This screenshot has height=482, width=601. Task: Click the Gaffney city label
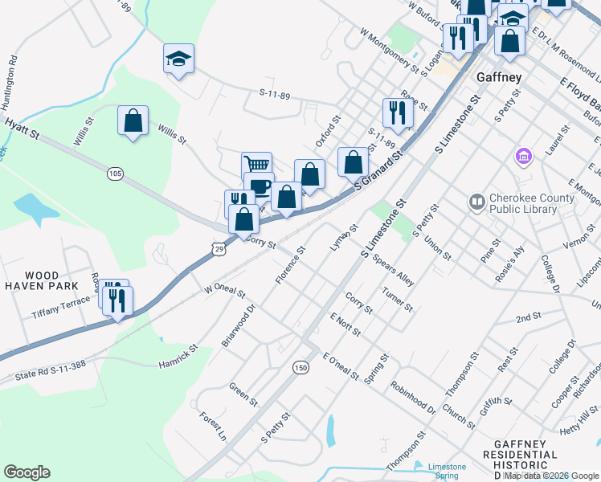[499, 77]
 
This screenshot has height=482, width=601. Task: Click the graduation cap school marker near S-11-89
[178, 59]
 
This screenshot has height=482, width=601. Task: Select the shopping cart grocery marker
[256, 165]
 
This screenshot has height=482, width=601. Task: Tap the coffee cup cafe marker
[259, 187]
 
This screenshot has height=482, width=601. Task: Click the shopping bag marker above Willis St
[133, 121]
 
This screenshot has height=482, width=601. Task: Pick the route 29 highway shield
[219, 251]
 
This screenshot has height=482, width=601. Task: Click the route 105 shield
[115, 174]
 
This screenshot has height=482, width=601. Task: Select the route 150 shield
[300, 367]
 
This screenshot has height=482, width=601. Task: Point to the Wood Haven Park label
[40, 280]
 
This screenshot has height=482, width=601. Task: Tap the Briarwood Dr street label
[237, 325]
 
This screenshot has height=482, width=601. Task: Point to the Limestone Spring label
[447, 471]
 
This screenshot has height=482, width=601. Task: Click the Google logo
[27, 472]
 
